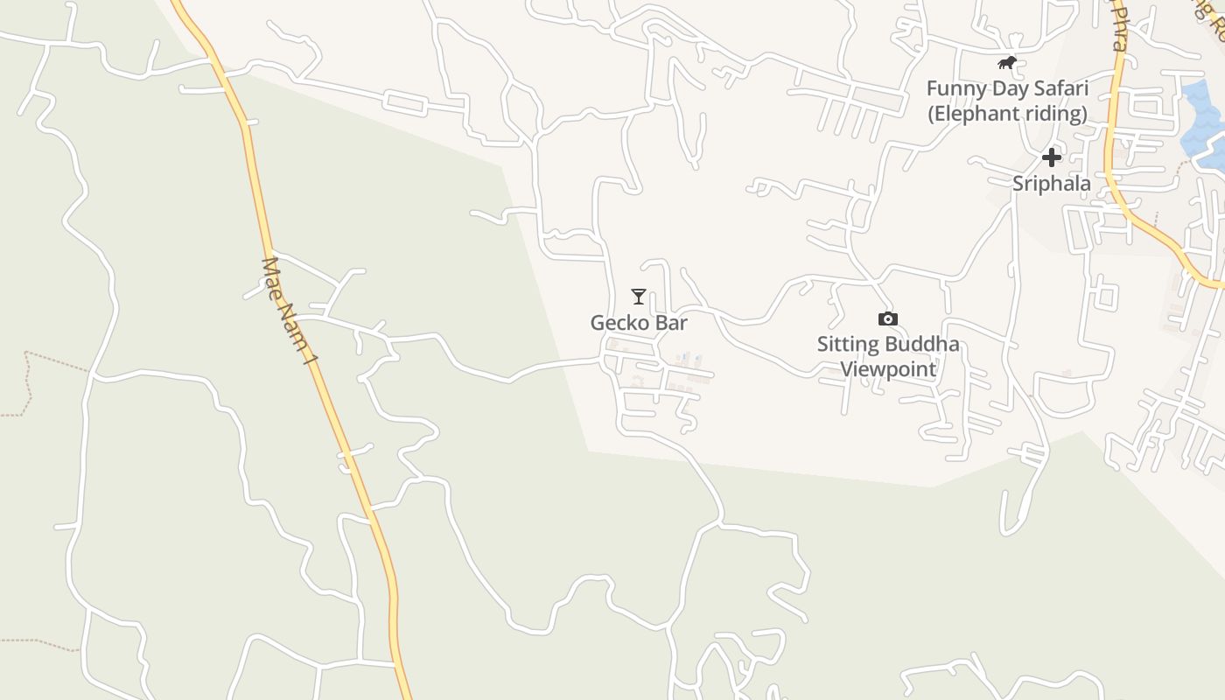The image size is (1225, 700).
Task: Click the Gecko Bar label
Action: [x=639, y=323]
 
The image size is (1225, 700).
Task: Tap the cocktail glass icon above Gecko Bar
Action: [x=639, y=297]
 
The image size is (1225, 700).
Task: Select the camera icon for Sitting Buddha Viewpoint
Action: [x=887, y=319]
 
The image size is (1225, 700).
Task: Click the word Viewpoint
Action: [x=888, y=368]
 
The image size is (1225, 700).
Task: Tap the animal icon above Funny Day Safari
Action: [x=1007, y=63]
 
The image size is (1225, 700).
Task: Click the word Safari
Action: [x=1060, y=88]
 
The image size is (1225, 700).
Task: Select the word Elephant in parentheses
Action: [x=971, y=114]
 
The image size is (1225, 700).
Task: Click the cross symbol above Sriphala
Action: [x=1051, y=157]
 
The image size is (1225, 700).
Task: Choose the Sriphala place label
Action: [x=1052, y=184]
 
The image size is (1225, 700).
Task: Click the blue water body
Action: [x=1201, y=122]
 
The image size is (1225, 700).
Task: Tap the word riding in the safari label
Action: [x=1055, y=114]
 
